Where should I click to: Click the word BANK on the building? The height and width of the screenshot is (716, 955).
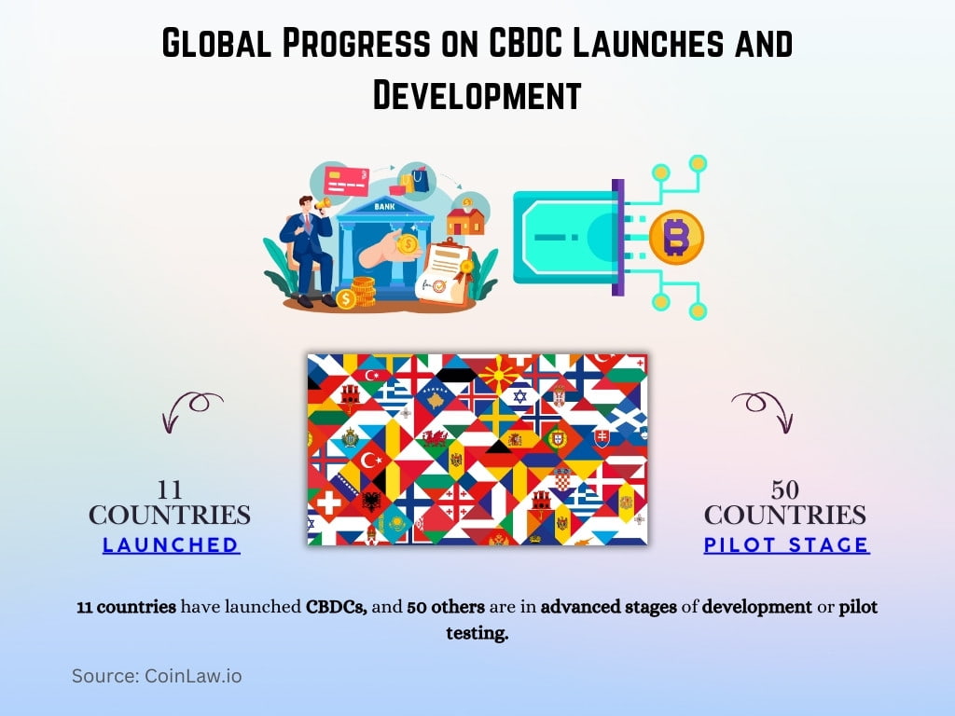pyautogui.click(x=384, y=206)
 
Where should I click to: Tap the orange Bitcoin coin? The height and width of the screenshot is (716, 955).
pyautogui.click(x=676, y=237)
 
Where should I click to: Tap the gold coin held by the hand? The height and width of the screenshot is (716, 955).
pyautogui.click(x=408, y=243)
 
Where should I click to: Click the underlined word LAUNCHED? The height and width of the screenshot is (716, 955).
pyautogui.click(x=171, y=545)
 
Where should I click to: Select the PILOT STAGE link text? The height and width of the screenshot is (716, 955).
pyautogui.click(x=786, y=545)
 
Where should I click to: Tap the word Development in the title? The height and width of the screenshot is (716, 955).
pyautogui.click(x=477, y=95)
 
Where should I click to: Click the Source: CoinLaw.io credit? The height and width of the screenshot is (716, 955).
pyautogui.click(x=157, y=676)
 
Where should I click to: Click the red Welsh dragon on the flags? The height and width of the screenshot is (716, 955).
pyautogui.click(x=435, y=438)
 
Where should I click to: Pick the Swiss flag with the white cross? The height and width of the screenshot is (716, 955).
pyautogui.click(x=328, y=504)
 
